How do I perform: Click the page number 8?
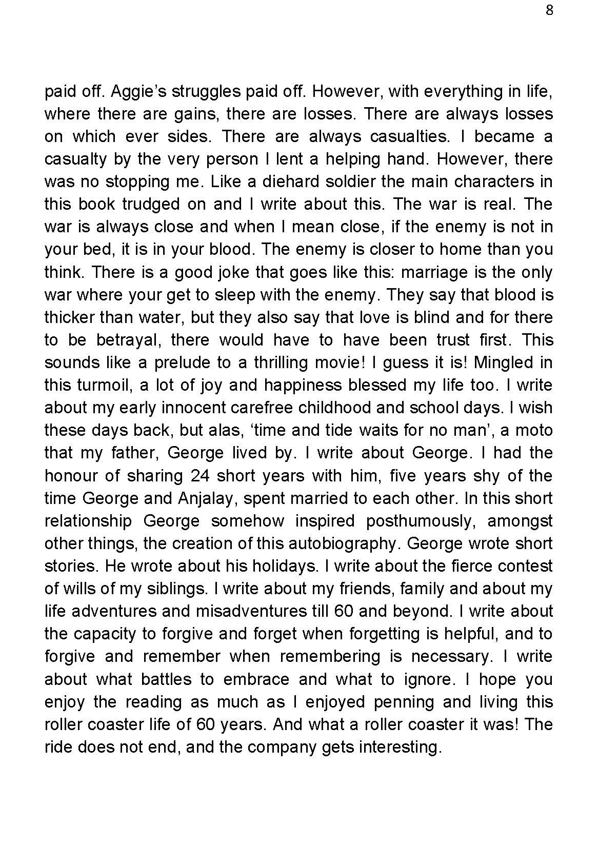tap(549, 11)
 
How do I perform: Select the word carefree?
tap(262, 408)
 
